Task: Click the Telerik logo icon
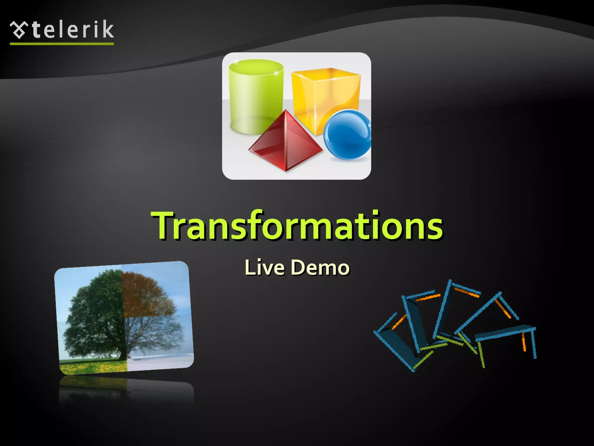click(19, 30)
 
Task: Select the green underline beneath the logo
click(61, 44)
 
